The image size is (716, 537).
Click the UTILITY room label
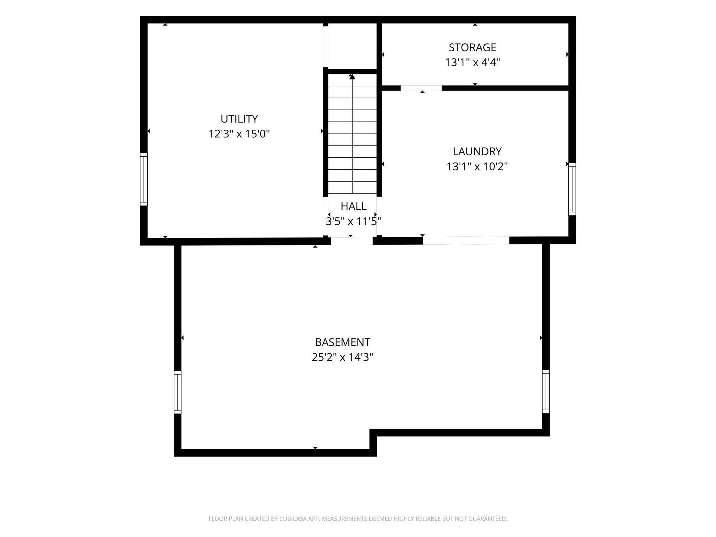pyautogui.click(x=239, y=119)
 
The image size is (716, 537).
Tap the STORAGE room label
pyautogui.click(x=472, y=47)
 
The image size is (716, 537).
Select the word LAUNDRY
pyautogui.click(x=477, y=151)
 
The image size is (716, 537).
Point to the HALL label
pyautogui.click(x=354, y=206)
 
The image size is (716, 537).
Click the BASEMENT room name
pyautogui.click(x=343, y=342)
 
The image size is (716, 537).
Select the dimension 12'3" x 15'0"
pyautogui.click(x=239, y=134)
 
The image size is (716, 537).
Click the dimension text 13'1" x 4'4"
pyautogui.click(x=472, y=62)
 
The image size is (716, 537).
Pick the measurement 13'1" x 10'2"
pyautogui.click(x=477, y=167)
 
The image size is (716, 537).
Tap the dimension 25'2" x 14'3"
pyautogui.click(x=343, y=357)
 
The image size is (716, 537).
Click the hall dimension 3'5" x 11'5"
pyautogui.click(x=354, y=221)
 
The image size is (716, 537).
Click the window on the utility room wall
pyautogui.click(x=144, y=179)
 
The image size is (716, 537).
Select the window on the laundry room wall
pyautogui.click(x=572, y=189)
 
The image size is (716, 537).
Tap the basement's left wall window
pyautogui.click(x=178, y=392)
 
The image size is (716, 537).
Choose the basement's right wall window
pyautogui.click(x=546, y=391)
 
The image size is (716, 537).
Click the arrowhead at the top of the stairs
pyautogui.click(x=352, y=77)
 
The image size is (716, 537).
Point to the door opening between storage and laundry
pyautogui.click(x=421, y=88)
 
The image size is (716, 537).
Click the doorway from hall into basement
pyautogui.click(x=352, y=241)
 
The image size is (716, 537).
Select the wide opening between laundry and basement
pyautogui.click(x=466, y=241)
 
